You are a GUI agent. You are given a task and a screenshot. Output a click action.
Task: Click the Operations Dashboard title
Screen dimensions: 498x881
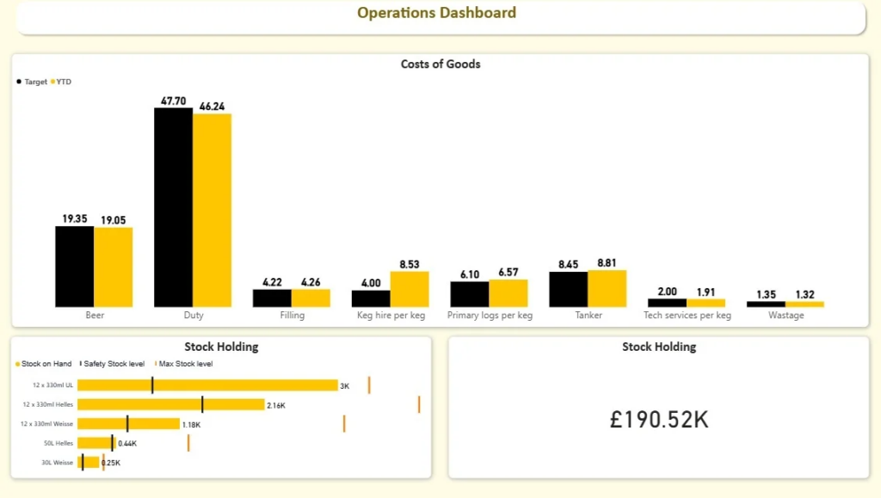[437, 13]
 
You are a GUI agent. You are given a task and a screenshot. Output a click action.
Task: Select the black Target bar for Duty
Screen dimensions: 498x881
[173, 206]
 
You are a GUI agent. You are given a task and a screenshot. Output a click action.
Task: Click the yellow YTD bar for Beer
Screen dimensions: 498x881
[113, 267]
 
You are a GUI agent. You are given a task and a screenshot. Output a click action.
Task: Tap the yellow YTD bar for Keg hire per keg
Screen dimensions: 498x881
[410, 289]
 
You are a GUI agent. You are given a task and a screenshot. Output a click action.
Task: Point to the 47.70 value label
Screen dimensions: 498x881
[174, 101]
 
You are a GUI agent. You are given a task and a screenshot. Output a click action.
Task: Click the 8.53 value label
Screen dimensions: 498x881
[410, 265]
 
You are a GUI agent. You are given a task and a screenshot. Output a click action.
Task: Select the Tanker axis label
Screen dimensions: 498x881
[588, 316]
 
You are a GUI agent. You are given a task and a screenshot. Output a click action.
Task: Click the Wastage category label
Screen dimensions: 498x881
[786, 316]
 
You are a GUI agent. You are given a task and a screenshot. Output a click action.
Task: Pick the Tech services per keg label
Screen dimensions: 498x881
[687, 316]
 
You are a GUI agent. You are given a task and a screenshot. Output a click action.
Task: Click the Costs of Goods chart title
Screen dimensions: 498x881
[440, 65]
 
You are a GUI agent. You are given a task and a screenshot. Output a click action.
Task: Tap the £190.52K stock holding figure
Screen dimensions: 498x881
[659, 420]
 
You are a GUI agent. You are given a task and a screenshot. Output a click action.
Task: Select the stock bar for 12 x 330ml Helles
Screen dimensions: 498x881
[170, 404]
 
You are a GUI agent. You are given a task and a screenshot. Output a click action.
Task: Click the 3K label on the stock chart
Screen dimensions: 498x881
[345, 386]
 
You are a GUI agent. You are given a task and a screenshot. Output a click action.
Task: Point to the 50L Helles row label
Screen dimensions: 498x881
[58, 443]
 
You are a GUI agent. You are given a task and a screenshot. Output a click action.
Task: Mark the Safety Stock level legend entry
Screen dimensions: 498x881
[114, 364]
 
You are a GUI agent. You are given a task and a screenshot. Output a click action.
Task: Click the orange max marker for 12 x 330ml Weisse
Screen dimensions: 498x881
[344, 423]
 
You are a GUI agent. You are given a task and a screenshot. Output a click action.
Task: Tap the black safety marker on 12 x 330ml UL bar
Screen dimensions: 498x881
[152, 384]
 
